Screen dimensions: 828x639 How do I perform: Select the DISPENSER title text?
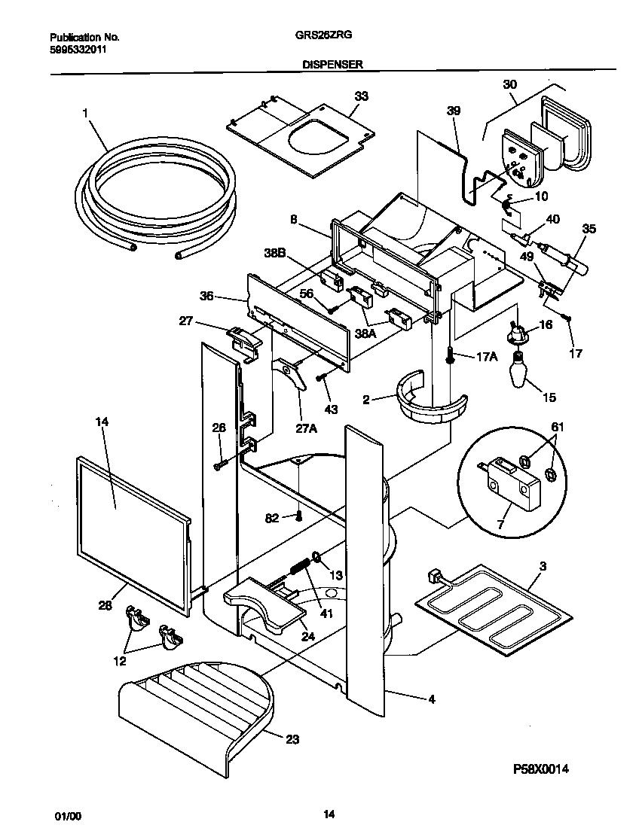tap(332, 65)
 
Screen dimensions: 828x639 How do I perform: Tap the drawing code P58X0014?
tap(540, 769)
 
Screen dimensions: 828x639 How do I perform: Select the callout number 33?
tap(362, 96)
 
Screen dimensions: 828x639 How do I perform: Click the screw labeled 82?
tap(300, 516)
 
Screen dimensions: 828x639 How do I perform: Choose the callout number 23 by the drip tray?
tap(292, 739)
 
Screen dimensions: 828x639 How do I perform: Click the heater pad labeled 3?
tap(488, 609)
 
